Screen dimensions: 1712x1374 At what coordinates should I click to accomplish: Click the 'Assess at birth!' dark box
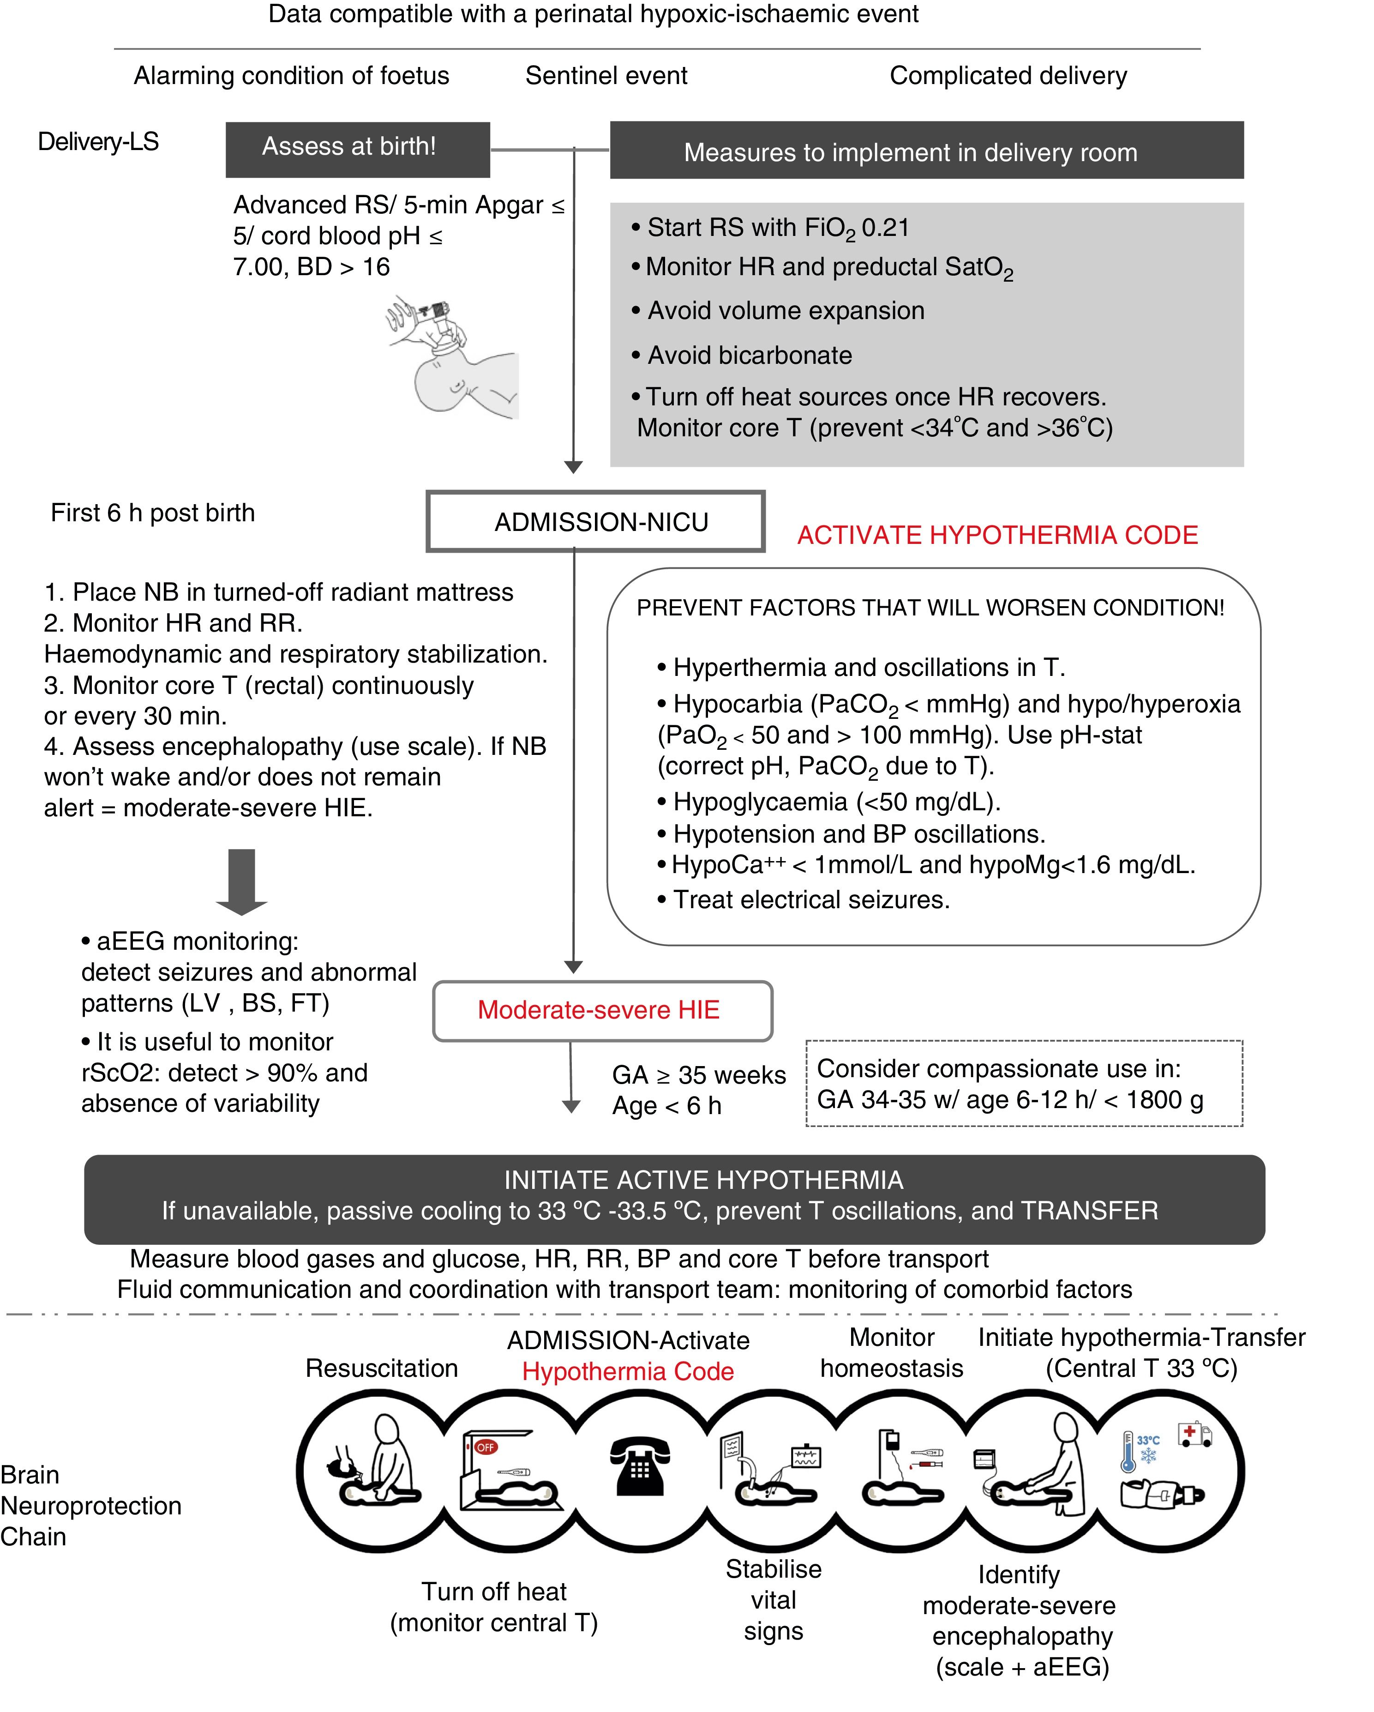357,149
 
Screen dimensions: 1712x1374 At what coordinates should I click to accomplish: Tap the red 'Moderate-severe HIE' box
602,1010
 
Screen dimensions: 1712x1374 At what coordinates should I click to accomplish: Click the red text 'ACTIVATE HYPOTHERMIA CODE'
997,535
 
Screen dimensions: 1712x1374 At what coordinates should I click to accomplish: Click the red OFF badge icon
485,1447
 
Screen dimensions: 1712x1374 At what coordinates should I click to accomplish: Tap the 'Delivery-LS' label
98,142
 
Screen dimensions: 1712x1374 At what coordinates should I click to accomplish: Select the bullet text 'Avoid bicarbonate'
750,355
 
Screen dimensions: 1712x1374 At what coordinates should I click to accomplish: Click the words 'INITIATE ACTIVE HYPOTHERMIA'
703,1180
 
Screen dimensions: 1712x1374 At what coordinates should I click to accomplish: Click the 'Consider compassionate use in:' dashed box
1024,1083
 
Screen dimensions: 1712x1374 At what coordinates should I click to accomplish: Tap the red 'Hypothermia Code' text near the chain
627,1371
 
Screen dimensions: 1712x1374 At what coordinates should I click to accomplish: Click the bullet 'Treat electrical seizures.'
810,900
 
